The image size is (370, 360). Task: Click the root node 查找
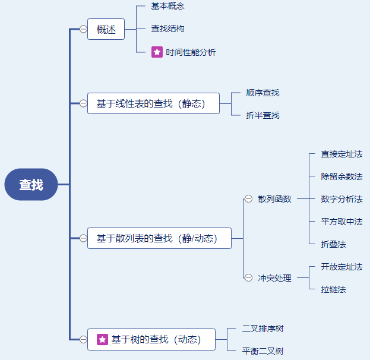[x=31, y=185]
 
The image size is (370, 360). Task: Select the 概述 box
[x=106, y=29]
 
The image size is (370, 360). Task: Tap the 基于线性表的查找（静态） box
[x=153, y=103]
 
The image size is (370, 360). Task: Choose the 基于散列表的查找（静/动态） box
[x=159, y=238]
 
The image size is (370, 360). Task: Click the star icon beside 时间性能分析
[x=157, y=52]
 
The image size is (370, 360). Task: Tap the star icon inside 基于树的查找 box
[x=102, y=340]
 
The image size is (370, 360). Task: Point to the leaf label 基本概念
[x=167, y=6]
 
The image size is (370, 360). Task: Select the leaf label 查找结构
[x=167, y=29]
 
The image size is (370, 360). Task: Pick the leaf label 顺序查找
[x=263, y=93]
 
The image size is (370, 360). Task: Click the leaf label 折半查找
[x=263, y=115]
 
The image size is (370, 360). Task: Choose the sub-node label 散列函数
[x=274, y=199]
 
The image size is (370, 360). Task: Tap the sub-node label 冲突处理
[x=274, y=277]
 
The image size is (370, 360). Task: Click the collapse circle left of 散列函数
[x=248, y=199]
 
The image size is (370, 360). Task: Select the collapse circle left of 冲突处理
[x=248, y=277]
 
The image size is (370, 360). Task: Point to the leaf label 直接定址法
[x=341, y=154]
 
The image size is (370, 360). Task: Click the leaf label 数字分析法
[x=341, y=199]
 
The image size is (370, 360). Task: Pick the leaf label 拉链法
[x=333, y=289]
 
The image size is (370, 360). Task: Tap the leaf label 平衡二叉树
[x=263, y=351]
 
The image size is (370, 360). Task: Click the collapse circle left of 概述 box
[x=83, y=29]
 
